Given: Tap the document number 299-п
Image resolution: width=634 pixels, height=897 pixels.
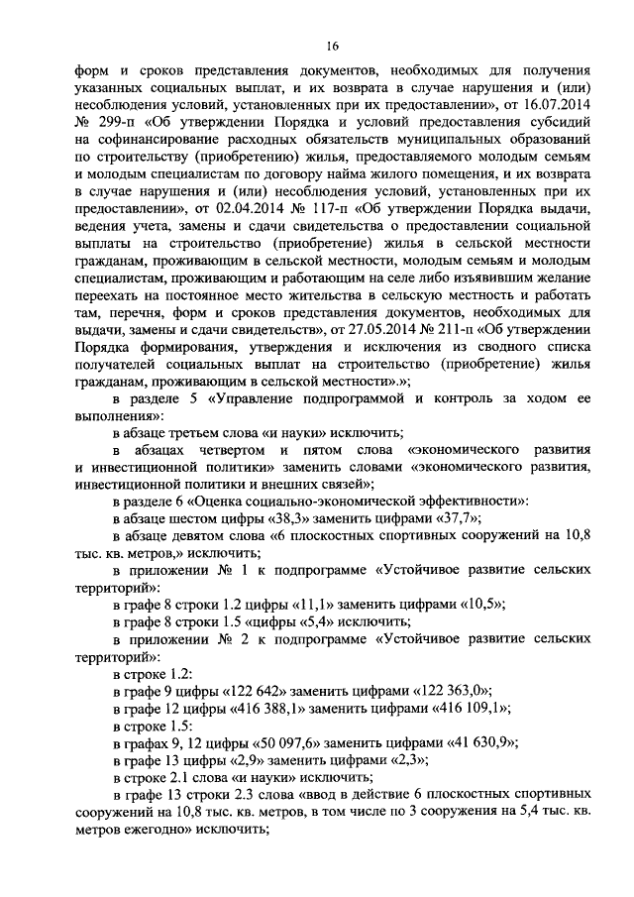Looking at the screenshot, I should [117, 123].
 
